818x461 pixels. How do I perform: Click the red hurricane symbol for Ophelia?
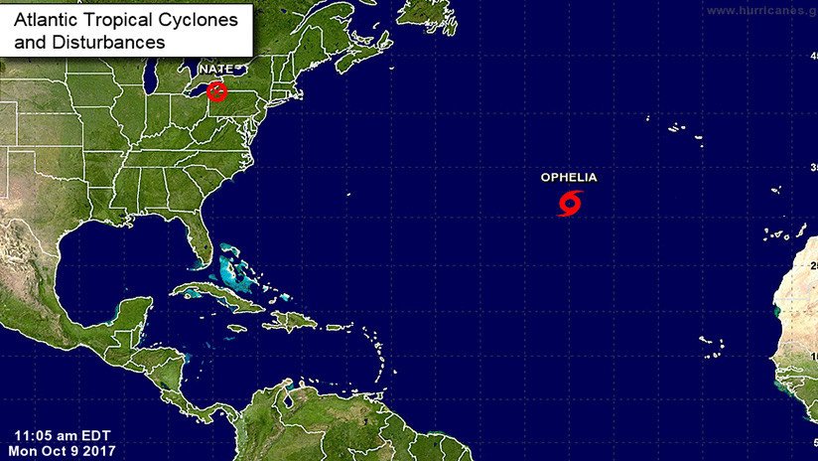click(569, 205)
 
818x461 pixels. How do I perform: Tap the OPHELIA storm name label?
click(569, 178)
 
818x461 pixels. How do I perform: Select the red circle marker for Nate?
click(216, 92)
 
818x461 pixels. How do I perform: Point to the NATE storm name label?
click(215, 69)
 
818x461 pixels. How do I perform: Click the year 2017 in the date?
click(101, 451)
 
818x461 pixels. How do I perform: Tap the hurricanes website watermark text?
click(759, 9)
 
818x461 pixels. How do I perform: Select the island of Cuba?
click(213, 294)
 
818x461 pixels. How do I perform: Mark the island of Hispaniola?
click(289, 321)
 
